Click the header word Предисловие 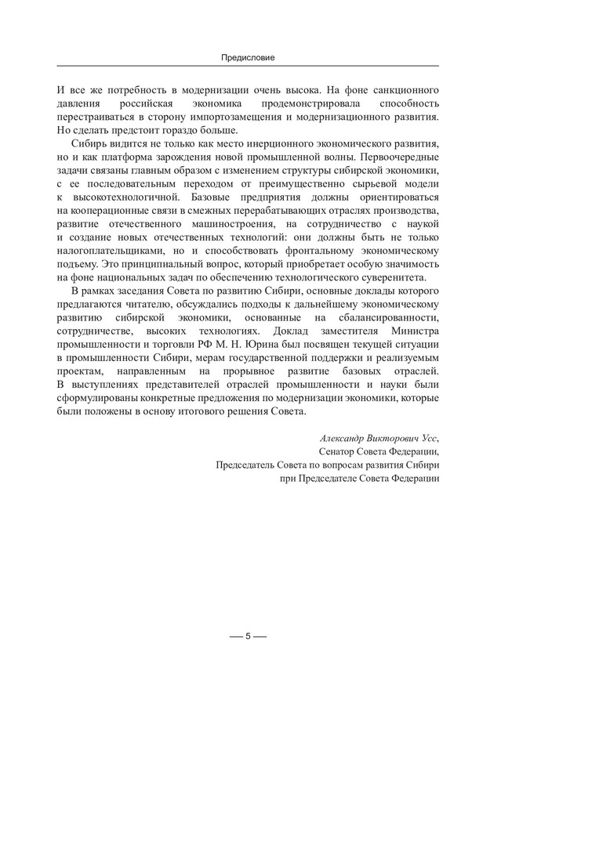coord(248,57)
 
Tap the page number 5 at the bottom coord(248,635)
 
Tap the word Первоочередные coord(401,159)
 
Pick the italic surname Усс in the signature coord(428,438)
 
